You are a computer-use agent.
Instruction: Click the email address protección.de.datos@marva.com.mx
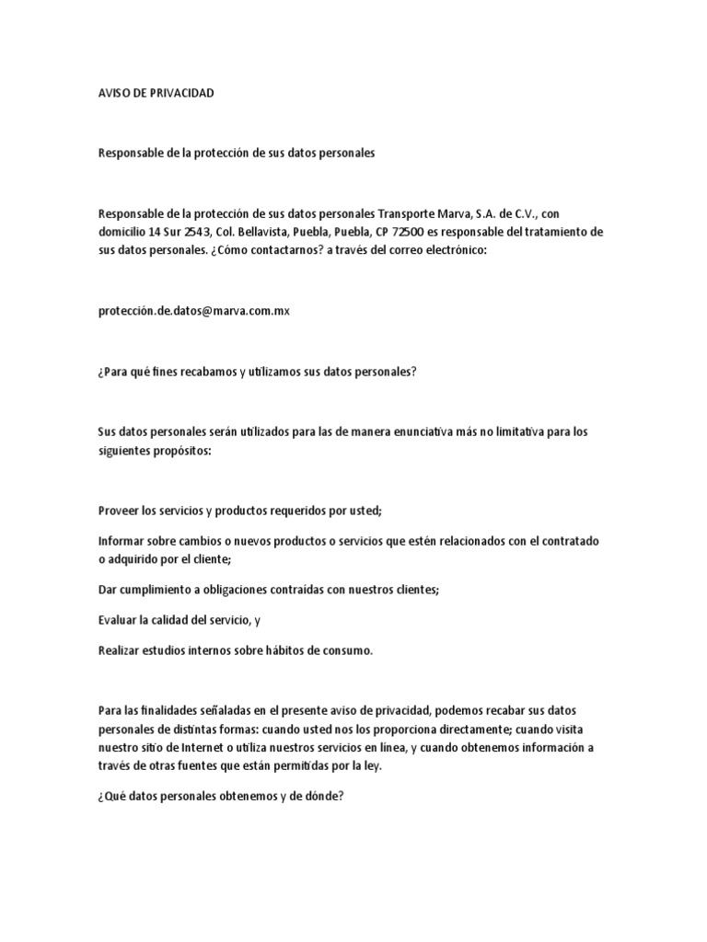[193, 311]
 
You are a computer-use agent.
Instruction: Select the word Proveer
[119, 511]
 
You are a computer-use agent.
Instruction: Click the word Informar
[122, 541]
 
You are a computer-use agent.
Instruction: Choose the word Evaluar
[119, 620]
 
